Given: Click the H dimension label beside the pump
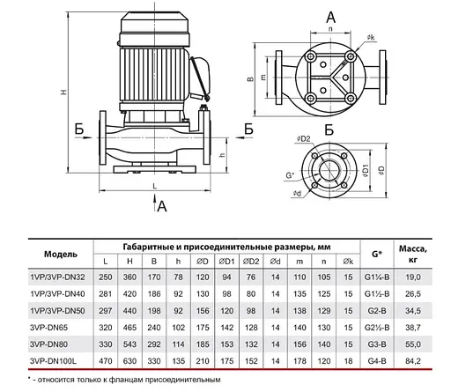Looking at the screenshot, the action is click(63, 92).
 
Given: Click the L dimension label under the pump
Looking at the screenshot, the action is click(155, 186).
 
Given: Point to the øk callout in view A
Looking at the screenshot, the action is click(371, 38).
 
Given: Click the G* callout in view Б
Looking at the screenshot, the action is click(290, 175).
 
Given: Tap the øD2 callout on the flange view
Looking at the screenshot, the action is click(304, 139).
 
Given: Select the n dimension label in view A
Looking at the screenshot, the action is click(330, 29).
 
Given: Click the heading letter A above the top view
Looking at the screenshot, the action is click(331, 18).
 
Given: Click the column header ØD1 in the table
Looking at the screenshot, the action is click(226, 262).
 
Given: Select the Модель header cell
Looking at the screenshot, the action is click(61, 254).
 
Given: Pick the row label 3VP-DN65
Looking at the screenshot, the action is click(48, 328).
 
